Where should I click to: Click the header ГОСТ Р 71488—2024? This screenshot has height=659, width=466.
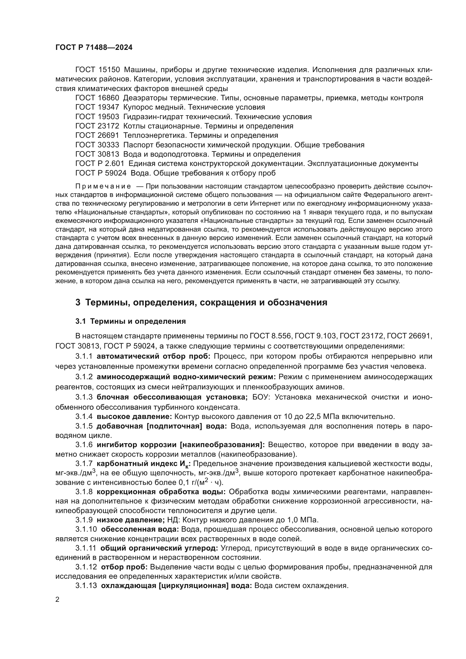(94, 48)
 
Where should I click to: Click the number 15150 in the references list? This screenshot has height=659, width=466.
(109, 70)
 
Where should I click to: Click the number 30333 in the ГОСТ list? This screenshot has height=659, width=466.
(109, 145)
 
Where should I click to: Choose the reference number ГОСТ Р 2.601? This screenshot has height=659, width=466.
(99, 164)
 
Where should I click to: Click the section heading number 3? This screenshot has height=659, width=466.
(78, 303)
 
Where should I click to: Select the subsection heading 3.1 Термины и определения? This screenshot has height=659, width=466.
(130, 321)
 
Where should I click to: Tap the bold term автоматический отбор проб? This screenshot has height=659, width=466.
(154, 356)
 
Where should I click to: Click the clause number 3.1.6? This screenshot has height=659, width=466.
(84, 445)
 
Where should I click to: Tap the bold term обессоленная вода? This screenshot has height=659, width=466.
(140, 529)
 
